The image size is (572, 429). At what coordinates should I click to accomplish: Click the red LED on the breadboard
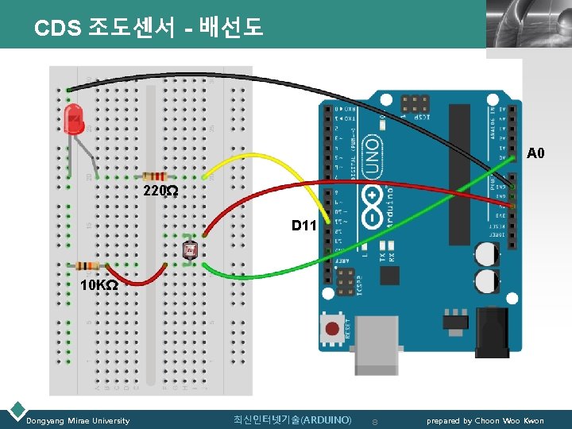(x=73, y=119)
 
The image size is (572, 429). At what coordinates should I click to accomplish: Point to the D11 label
(x=303, y=226)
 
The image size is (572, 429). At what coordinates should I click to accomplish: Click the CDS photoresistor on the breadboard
(x=190, y=251)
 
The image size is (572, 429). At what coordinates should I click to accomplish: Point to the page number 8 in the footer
(x=376, y=420)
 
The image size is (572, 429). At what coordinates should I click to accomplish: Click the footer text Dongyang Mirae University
(x=78, y=420)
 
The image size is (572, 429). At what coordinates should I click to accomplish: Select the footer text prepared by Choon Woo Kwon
(x=485, y=420)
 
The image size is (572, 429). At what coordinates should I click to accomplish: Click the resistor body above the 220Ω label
(x=154, y=176)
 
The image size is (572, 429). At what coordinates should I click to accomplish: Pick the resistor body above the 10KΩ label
(x=87, y=265)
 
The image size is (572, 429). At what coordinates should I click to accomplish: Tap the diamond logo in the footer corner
(x=15, y=411)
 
